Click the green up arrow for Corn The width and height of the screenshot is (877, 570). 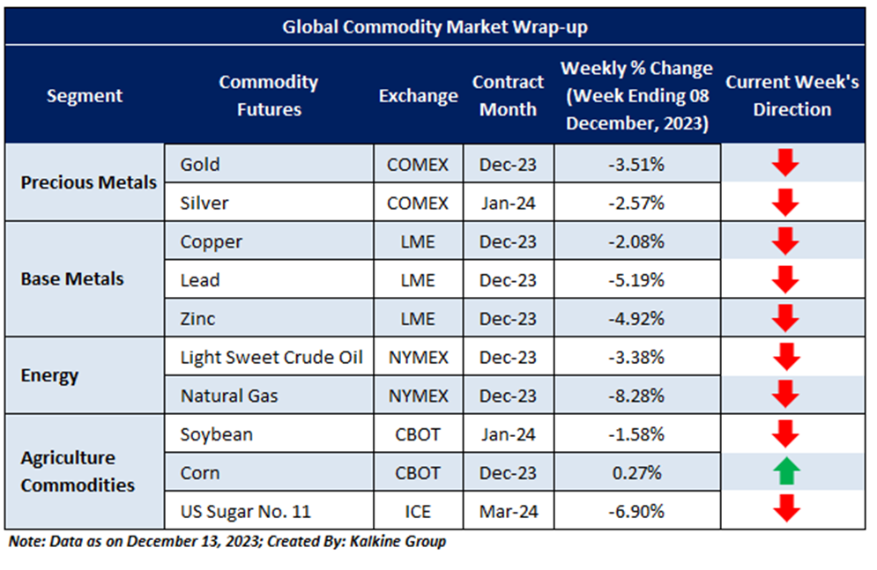[x=786, y=473]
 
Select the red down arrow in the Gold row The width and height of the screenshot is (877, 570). [x=786, y=164]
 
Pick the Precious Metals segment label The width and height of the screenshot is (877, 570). [x=88, y=183]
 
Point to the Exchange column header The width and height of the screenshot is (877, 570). [x=418, y=96]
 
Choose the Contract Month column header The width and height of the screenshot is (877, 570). [x=508, y=96]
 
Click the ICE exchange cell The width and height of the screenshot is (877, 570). [x=418, y=512]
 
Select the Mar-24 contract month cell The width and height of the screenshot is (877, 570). [x=508, y=512]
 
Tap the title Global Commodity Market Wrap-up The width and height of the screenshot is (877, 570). [x=435, y=27]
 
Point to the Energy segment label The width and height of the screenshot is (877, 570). [x=49, y=375]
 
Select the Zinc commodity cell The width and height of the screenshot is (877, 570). [x=198, y=318]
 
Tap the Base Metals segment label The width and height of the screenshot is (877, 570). [x=72, y=279]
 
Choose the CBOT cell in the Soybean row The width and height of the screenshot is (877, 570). [x=418, y=434]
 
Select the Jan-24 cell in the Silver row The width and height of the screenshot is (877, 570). [x=508, y=203]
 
